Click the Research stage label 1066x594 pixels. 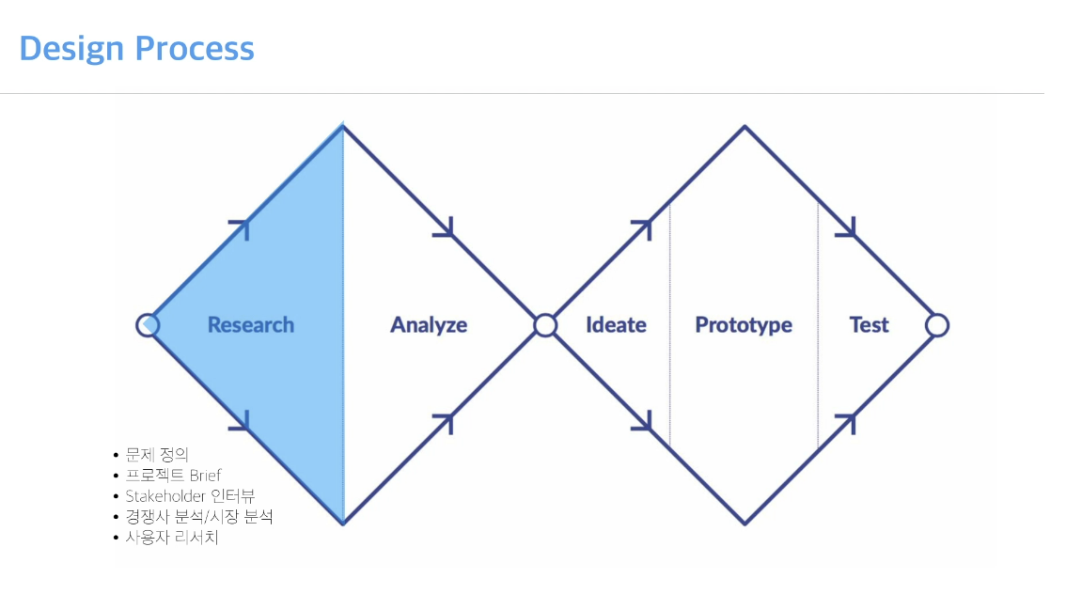tap(250, 325)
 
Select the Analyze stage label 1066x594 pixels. tap(429, 325)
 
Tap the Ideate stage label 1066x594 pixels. tap(616, 325)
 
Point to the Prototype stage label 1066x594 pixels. tap(744, 325)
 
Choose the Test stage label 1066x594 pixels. tap(869, 325)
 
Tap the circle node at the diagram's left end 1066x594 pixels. tap(148, 325)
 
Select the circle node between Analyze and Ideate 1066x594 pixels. tap(545, 325)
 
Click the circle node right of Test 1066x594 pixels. tap(936, 325)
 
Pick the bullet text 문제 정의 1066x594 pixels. tap(157, 454)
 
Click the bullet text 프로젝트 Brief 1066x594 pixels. tap(173, 475)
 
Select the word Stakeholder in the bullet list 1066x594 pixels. tap(166, 495)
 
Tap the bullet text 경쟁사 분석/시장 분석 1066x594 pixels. tap(199, 516)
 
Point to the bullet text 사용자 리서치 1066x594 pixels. tap(172, 538)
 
